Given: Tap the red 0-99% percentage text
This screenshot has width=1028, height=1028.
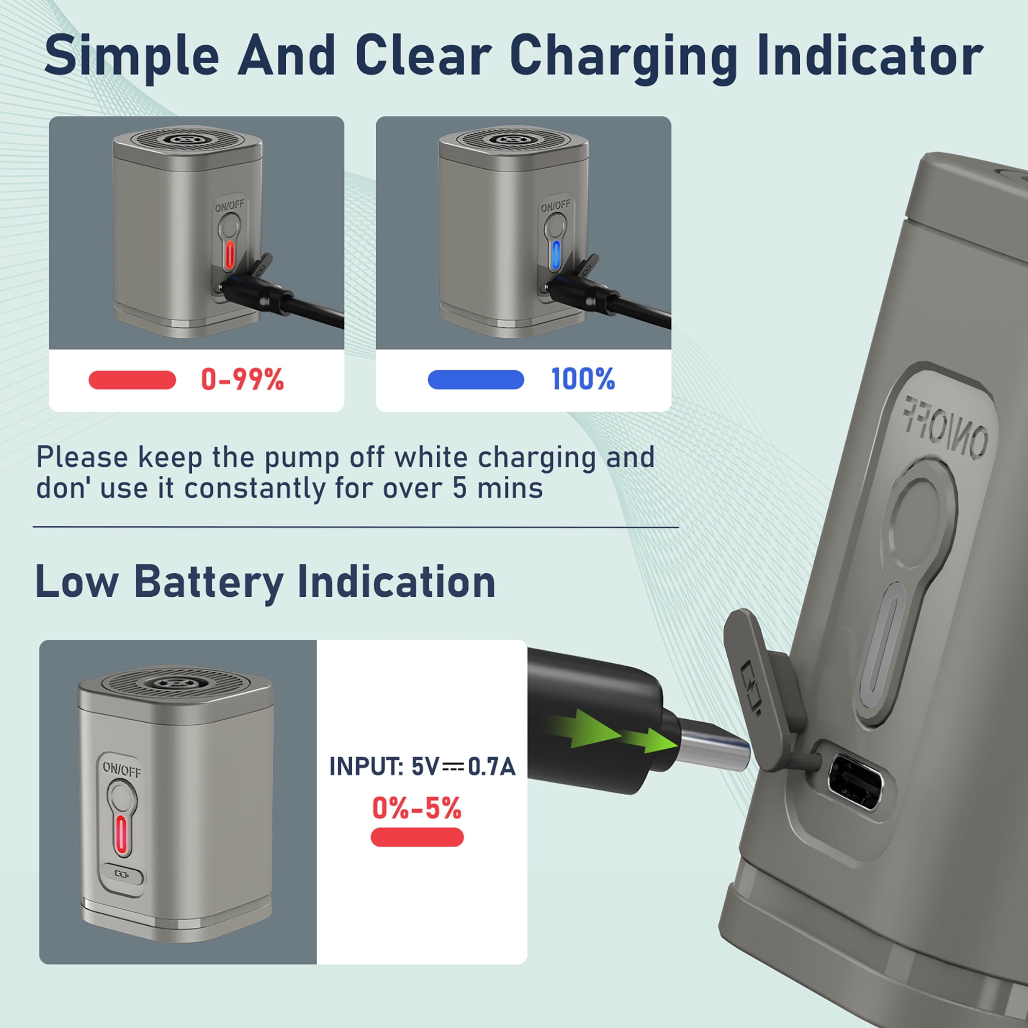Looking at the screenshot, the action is coord(243,380).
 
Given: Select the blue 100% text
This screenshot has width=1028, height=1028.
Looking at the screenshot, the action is coord(583,379).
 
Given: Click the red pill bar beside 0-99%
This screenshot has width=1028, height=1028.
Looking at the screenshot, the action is coord(132,380).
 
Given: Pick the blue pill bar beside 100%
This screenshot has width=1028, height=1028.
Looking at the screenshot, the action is coord(475,379).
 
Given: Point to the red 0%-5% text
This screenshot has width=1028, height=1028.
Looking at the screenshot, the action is coord(417,808).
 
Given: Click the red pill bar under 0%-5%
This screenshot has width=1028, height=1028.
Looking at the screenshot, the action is coord(417,837).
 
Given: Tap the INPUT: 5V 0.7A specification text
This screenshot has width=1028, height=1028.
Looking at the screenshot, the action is coord(423,767).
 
